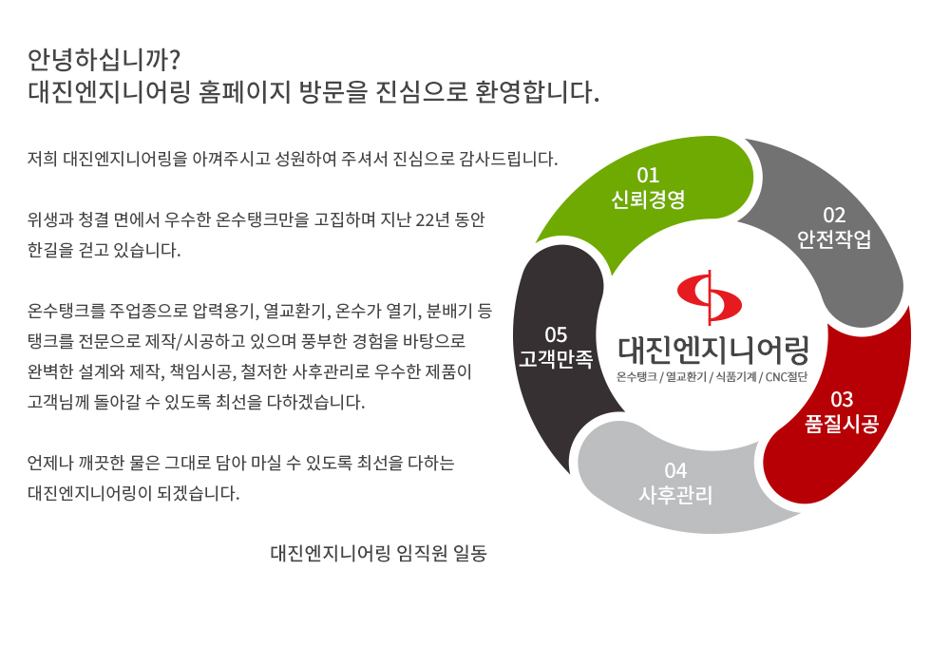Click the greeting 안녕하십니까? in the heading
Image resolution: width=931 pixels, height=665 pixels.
click(x=104, y=59)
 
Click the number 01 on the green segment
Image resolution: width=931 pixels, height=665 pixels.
click(x=648, y=175)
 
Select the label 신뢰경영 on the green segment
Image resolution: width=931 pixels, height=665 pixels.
click(x=648, y=199)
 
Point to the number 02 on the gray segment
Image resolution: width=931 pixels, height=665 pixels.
click(x=834, y=215)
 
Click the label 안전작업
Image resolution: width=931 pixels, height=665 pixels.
click(x=834, y=238)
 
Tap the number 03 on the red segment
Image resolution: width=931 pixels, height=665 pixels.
click(x=842, y=399)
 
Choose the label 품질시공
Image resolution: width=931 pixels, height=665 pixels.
click(x=842, y=424)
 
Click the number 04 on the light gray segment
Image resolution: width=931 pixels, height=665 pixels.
click(x=675, y=471)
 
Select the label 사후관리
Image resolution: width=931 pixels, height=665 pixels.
click(x=675, y=495)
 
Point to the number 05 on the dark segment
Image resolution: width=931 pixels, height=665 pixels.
click(x=556, y=334)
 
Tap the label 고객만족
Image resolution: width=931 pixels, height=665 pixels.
click(x=556, y=359)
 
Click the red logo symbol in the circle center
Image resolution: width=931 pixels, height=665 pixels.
click(x=709, y=296)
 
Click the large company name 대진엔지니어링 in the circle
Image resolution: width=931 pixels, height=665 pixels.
click(x=713, y=350)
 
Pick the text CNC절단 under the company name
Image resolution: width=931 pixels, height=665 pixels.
click(x=787, y=377)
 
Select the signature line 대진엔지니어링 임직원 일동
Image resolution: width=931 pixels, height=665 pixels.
click(x=379, y=553)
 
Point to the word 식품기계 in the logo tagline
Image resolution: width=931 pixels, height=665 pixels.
click(x=735, y=377)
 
